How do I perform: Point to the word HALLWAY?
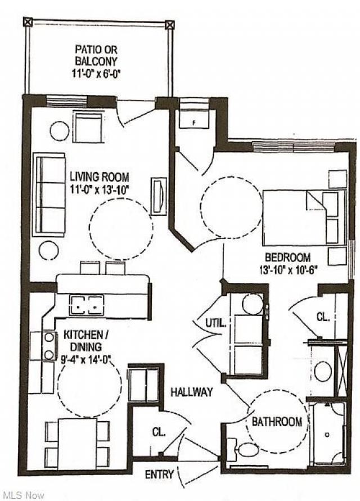click(192, 392)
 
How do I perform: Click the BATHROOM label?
click(276, 422)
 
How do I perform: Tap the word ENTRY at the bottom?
click(159, 475)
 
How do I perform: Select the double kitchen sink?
click(87, 305)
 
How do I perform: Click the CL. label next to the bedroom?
click(322, 317)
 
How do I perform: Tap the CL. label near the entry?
click(158, 432)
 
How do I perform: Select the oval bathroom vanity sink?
click(322, 371)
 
